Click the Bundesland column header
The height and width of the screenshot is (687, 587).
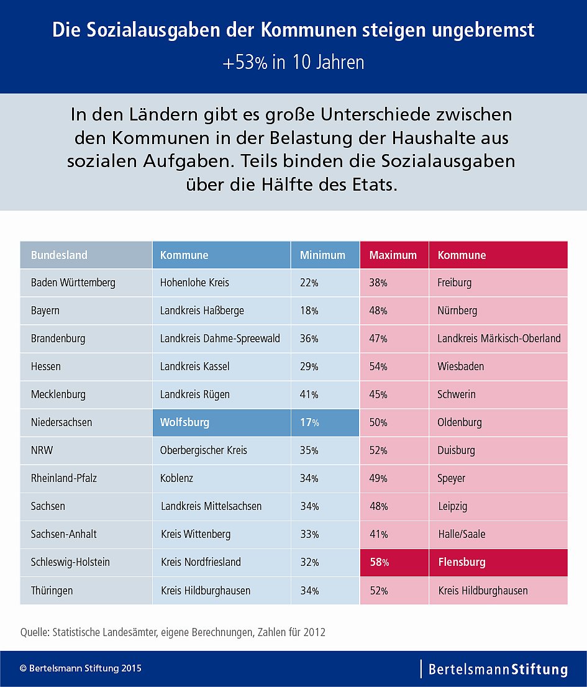(60, 255)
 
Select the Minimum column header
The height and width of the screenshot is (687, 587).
(322, 255)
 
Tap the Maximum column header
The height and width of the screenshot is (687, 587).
(393, 255)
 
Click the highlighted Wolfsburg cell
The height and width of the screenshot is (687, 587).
(184, 422)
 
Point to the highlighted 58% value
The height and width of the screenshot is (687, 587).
(379, 563)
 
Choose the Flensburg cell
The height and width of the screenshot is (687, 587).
(462, 563)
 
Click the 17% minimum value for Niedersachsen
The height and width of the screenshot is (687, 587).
(309, 422)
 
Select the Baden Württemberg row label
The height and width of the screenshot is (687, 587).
(73, 283)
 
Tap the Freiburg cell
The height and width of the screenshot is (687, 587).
(455, 283)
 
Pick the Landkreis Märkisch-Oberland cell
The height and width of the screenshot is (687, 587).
(499, 339)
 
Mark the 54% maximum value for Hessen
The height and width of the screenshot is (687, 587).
(378, 366)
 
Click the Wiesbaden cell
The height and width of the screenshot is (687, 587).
(461, 366)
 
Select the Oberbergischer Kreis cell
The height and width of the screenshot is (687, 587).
(203, 450)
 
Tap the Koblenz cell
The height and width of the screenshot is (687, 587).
(178, 478)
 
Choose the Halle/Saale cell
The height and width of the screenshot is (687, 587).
(462, 534)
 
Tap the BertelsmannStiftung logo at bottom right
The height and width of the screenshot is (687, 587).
(498, 669)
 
